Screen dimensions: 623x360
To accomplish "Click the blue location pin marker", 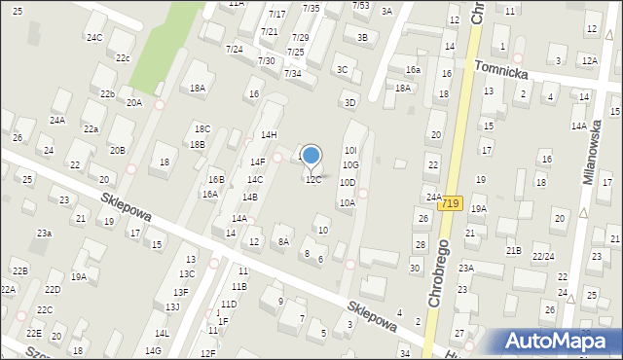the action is (311, 156).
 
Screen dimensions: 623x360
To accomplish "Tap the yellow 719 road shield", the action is (449, 204).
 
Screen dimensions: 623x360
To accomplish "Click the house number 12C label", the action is (312, 180).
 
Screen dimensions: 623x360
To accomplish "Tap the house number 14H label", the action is (269, 134).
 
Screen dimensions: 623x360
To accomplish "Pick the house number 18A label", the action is (198, 89).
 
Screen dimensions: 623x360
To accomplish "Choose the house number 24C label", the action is (93, 38).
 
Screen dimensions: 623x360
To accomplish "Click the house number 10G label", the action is (350, 165).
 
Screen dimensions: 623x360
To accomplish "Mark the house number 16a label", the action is (413, 70).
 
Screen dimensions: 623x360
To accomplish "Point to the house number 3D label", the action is (349, 102).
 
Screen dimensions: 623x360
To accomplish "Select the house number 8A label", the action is (283, 241).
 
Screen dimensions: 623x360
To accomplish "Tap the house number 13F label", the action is (180, 292).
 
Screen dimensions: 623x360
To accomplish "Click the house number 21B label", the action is (513, 251).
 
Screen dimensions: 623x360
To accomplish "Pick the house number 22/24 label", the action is (543, 257).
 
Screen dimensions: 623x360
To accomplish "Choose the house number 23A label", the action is (466, 268).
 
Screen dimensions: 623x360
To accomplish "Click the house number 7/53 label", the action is (360, 5).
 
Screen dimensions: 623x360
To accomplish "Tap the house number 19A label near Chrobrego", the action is (478, 208).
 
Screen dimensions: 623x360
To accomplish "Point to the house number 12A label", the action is (588, 60).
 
